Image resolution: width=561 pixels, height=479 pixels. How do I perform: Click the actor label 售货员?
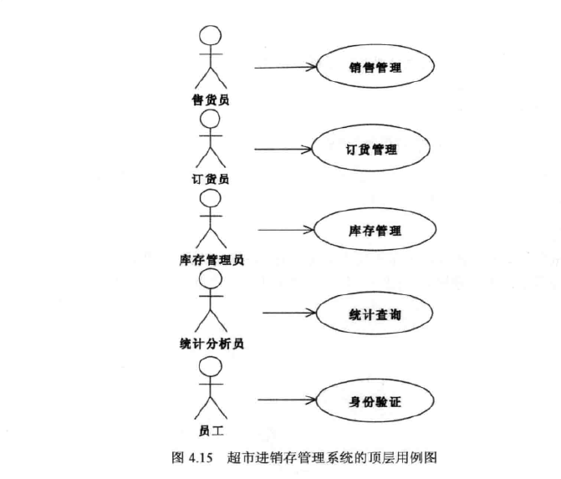(209, 99)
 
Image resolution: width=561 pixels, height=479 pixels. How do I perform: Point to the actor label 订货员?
(210, 178)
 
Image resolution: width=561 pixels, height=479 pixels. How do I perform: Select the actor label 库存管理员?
(211, 260)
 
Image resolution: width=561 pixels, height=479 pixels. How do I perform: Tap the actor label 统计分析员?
(211, 343)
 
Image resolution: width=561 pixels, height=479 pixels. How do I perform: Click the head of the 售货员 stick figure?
(210, 38)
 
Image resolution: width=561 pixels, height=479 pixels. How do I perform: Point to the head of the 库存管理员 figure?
(211, 199)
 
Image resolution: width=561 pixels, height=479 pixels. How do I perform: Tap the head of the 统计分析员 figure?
(211, 282)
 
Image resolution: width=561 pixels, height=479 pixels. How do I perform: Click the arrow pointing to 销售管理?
(284, 66)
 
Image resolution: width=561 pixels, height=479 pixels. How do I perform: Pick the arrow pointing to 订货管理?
(282, 150)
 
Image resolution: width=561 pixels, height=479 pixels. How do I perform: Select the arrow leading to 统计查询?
(289, 313)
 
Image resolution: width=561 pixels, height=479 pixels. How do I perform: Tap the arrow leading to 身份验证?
(289, 400)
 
